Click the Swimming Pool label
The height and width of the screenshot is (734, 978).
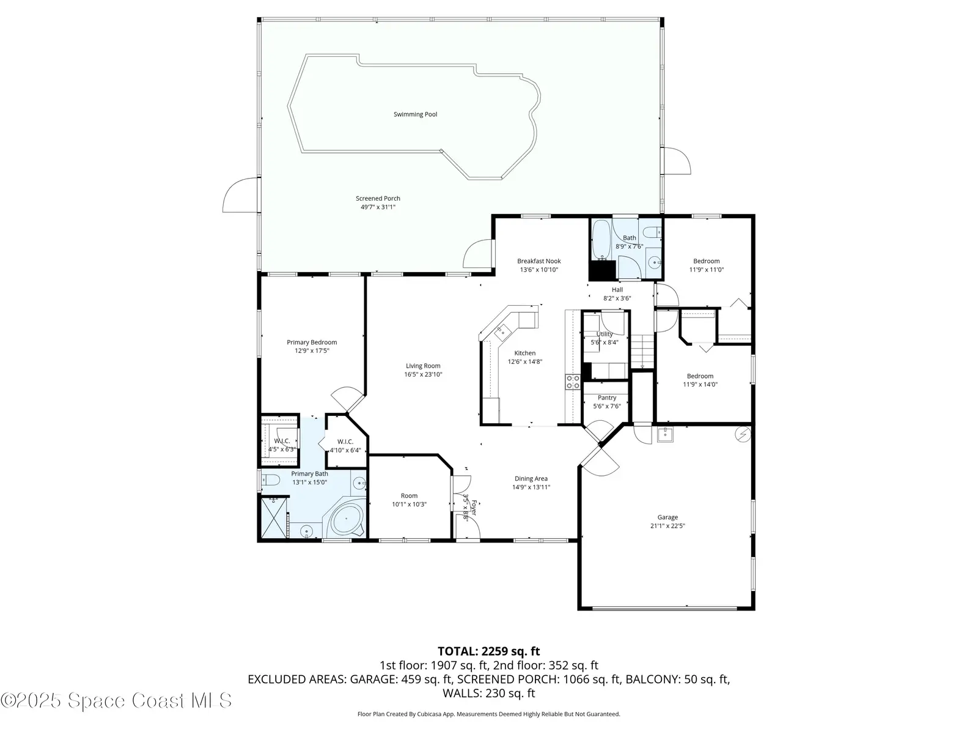415,114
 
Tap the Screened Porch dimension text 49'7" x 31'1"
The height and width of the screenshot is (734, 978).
378,207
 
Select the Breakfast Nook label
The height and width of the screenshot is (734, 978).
539,261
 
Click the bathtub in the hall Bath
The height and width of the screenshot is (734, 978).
601,240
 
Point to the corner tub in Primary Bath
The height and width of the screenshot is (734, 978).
346,519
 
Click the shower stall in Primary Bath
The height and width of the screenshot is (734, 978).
274,518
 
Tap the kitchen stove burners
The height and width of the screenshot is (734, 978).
573,382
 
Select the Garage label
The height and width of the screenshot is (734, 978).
667,517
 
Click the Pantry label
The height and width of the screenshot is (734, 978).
607,398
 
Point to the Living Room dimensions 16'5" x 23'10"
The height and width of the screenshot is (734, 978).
423,374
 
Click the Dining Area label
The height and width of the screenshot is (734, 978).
531,479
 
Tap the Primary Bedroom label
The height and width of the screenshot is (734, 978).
312,343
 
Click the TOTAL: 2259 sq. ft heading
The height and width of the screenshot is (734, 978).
489,651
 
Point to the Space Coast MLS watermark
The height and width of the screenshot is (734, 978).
116,700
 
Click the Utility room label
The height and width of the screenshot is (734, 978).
604,334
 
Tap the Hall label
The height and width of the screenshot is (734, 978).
617,290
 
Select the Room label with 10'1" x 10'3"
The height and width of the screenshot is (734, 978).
409,495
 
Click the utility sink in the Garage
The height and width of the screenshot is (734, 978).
665,434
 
